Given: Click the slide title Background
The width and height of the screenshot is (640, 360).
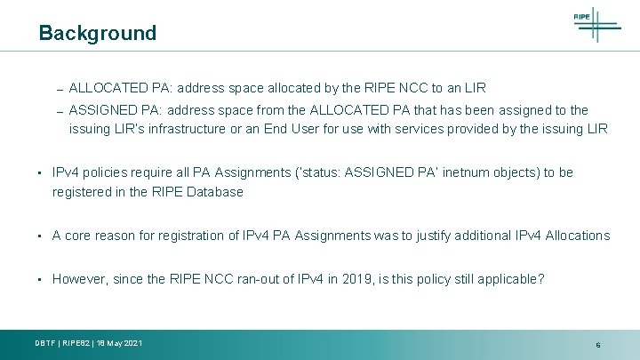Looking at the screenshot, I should click(x=97, y=34).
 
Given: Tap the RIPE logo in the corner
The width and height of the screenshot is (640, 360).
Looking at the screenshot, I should click(x=595, y=23).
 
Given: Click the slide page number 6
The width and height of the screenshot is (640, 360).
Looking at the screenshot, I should click(x=598, y=344).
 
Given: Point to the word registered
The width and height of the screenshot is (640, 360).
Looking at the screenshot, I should click(x=81, y=191).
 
